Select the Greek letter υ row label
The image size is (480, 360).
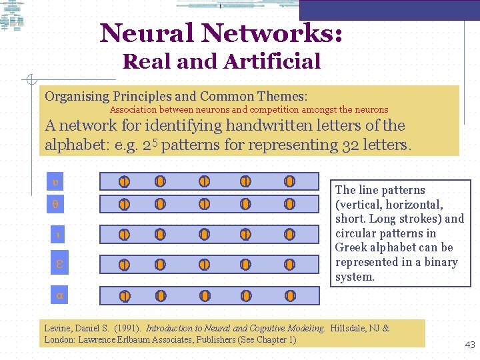[x=57, y=181]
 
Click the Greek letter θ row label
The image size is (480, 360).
[x=56, y=205]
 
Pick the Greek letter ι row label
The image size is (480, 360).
[x=58, y=235]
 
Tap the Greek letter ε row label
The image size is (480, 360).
[x=59, y=265]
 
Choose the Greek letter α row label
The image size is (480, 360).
[x=59, y=295]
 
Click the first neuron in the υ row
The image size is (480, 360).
[x=124, y=181]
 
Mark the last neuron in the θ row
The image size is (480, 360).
[x=289, y=204]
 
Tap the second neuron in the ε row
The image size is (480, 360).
[x=160, y=265]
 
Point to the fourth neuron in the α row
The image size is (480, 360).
[x=245, y=295]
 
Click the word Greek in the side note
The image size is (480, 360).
[x=351, y=248]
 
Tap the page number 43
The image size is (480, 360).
[x=470, y=345]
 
